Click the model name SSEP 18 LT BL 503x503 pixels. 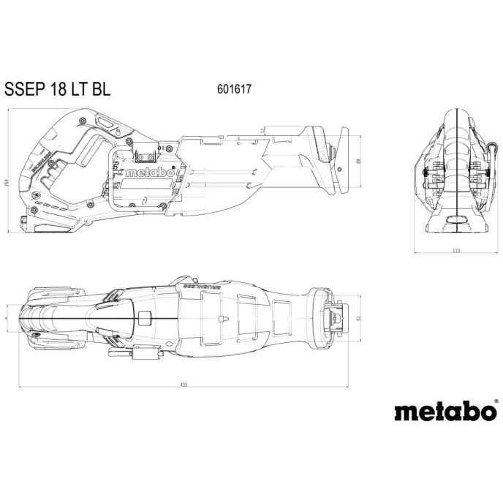58,88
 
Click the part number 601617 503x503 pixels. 234,89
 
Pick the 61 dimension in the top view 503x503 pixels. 360,317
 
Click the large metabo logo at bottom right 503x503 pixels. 445,412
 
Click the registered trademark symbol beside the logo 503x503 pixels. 495,401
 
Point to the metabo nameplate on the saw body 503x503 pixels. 149,173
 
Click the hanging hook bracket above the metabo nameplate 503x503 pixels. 145,154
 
